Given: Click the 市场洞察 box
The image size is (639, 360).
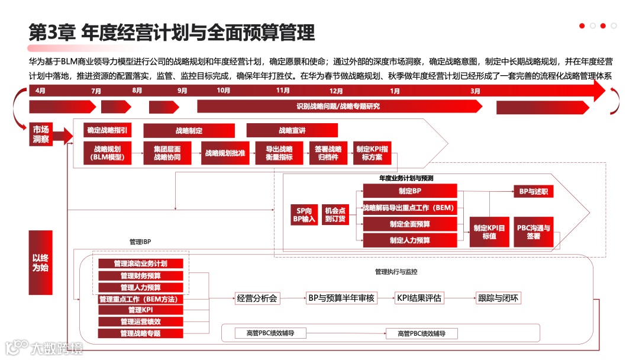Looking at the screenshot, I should pos(41,134).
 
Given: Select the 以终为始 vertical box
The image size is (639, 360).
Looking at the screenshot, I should pos(41,262).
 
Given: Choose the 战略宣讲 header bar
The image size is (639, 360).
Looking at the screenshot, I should pos(292,130).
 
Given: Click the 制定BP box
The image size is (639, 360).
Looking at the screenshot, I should pos(410,191).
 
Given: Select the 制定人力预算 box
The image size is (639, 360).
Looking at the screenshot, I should pos(410,240).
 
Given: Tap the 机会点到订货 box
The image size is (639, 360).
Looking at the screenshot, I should pos(335,214).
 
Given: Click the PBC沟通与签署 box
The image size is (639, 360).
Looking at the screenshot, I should pos(534,232).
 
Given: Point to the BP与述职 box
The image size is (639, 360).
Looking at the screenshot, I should pos(534,191).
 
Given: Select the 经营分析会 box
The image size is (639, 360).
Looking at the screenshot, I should pos(257,298).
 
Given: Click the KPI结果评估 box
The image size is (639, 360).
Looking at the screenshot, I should pos(419,298).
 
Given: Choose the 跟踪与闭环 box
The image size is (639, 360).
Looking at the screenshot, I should pos(498,298).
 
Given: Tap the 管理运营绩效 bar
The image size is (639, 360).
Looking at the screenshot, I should pos(140,322).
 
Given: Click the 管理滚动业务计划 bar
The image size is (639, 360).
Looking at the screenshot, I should pos(140,263).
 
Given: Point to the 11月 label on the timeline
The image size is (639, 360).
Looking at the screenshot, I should pos(283,91).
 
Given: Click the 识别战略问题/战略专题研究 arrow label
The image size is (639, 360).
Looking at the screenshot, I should pos(338,107).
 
